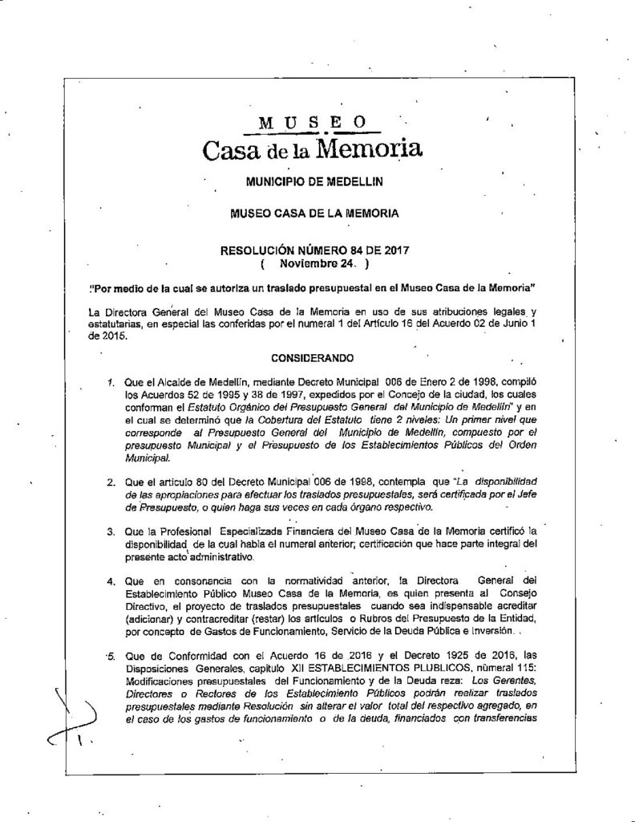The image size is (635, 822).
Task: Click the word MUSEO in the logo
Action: [x=313, y=122]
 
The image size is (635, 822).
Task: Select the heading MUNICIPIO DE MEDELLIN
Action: [x=314, y=183]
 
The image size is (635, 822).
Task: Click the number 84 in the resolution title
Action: [x=347, y=249]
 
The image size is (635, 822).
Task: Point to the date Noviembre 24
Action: [x=313, y=262]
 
